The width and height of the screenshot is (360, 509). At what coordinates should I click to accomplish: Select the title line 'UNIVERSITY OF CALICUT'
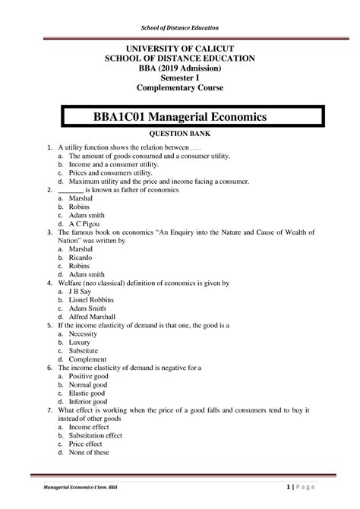[180, 47]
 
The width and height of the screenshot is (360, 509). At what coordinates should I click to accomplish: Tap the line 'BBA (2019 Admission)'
[180, 68]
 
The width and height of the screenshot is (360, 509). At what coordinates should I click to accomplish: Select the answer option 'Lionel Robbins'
[94, 301]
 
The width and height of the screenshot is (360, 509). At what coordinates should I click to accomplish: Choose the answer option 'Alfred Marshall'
[96, 321]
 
